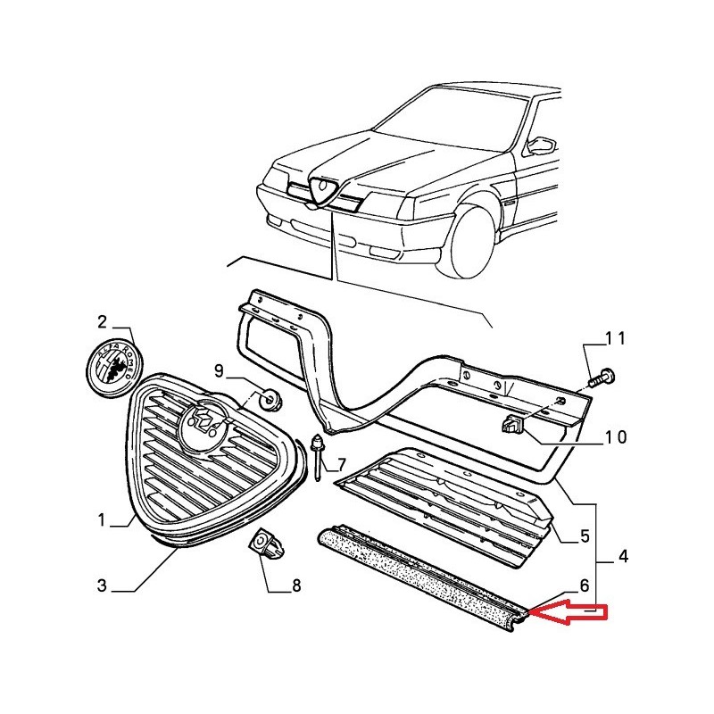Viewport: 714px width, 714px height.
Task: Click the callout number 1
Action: point(102,519)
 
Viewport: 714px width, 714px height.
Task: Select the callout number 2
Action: point(102,321)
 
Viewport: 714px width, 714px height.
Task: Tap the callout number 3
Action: point(102,585)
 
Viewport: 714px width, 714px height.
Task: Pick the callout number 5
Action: point(584,536)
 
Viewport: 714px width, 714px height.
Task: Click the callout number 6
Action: point(584,586)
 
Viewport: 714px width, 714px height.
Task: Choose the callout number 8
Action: point(295,586)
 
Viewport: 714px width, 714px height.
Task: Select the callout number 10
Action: point(615,437)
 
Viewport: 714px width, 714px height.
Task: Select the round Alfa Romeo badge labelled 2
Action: point(107,367)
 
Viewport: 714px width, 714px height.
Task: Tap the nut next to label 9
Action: point(266,398)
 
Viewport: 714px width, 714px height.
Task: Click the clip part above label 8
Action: point(264,544)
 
